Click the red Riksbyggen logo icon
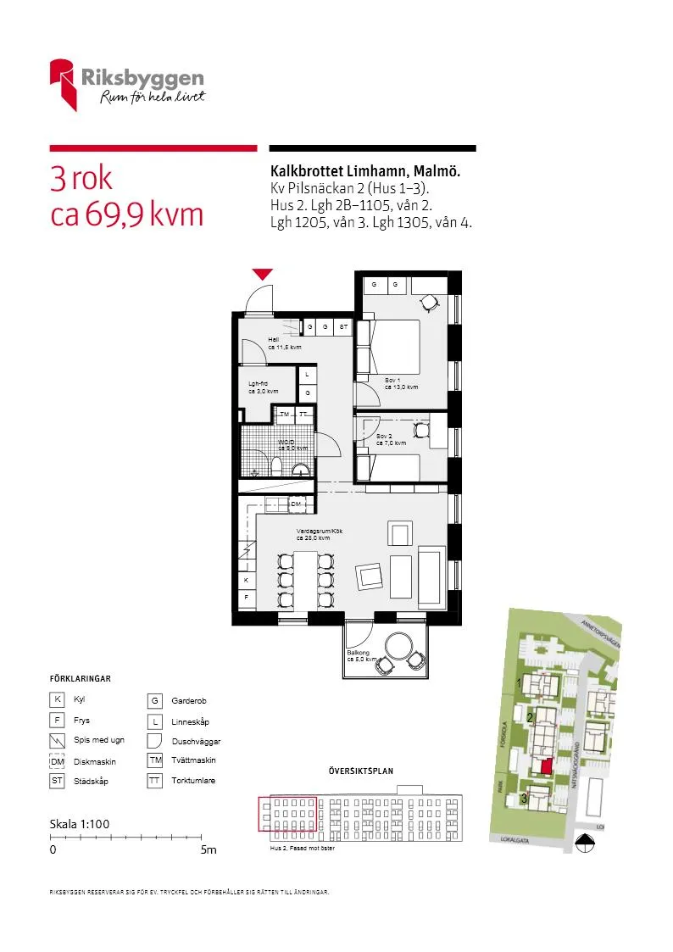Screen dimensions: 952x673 64,83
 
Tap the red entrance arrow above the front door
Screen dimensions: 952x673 263,274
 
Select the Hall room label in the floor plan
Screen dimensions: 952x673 273,339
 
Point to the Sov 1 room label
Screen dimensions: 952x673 392,380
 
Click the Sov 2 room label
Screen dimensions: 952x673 384,436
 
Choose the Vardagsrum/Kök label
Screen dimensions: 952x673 319,531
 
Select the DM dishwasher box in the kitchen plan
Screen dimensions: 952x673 296,504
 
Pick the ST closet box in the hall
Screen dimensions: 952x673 343,326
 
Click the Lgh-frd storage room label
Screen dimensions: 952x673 258,384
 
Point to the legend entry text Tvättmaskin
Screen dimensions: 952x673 193,760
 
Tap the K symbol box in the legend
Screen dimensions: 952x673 57,700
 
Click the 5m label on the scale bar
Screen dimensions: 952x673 209,849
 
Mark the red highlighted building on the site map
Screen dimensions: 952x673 546,766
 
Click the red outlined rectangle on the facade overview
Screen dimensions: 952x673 286,813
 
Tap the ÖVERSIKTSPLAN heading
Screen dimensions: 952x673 360,771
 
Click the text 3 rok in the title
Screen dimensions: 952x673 81,179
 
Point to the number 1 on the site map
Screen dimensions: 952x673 519,682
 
